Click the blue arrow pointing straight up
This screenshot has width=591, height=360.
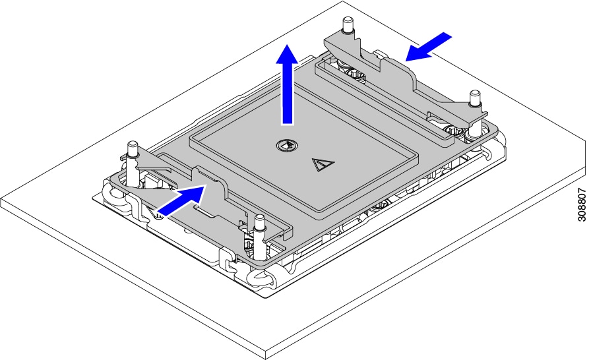click(x=287, y=85)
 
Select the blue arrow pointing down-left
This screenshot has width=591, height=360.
click(x=429, y=47)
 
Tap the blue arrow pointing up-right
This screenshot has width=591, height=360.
click(x=181, y=200)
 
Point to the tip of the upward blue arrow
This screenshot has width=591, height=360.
click(x=287, y=44)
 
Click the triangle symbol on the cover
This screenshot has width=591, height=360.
click(x=323, y=165)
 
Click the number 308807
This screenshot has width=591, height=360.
click(x=582, y=205)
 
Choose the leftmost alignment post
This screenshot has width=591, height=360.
click(x=133, y=150)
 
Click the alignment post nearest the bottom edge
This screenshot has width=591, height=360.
click(x=259, y=237)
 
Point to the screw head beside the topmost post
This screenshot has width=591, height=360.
click(x=356, y=75)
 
